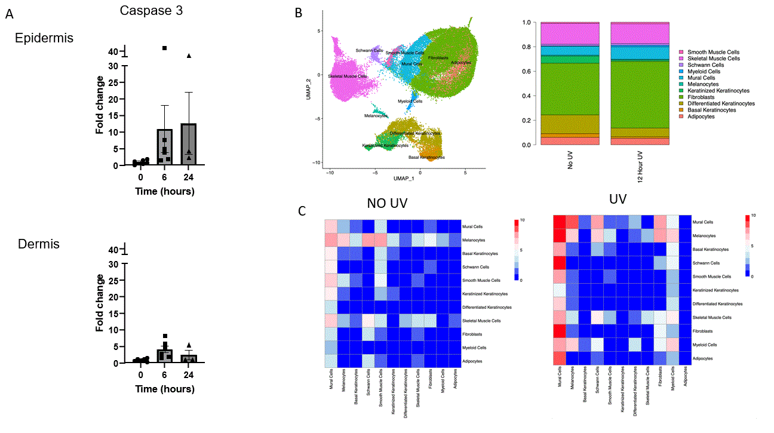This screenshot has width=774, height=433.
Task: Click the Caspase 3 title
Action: click(x=151, y=11)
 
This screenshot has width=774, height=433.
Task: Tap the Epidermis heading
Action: click(x=44, y=38)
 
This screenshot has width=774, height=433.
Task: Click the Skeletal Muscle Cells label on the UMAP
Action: click(x=347, y=76)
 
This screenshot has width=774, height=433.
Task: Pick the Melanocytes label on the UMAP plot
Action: click(x=374, y=115)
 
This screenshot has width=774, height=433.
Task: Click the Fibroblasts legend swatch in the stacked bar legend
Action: click(x=683, y=97)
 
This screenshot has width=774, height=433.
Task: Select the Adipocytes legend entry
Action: click(x=701, y=116)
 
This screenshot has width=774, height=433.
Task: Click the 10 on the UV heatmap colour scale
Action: click(x=754, y=216)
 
